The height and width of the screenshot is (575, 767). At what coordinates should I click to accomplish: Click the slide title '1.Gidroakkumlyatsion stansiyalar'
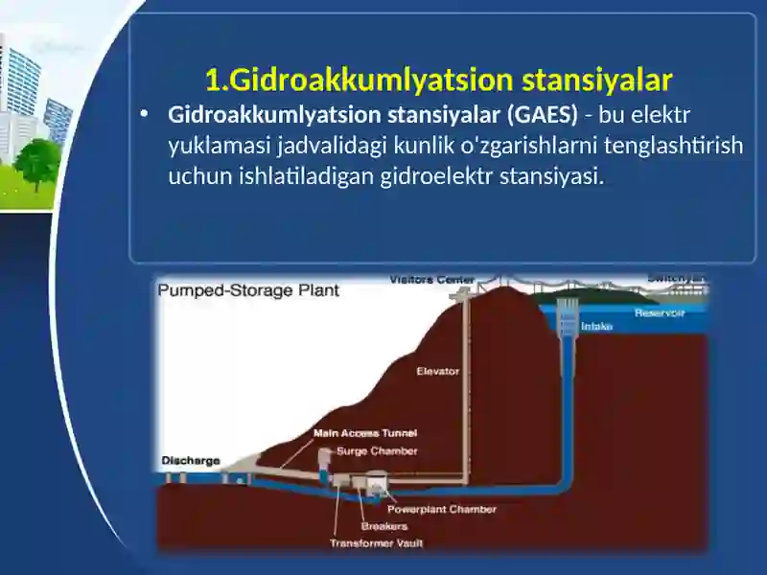pos(439,78)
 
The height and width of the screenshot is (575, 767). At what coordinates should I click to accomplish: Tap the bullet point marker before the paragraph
pos(144,114)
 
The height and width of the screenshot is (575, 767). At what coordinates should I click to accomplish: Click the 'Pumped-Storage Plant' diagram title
pos(248,289)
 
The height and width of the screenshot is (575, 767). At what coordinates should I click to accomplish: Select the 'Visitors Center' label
pos(431,280)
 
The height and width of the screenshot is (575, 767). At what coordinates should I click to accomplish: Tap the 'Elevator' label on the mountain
pos(437,371)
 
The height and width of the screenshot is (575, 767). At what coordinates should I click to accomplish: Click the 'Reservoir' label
pos(659,313)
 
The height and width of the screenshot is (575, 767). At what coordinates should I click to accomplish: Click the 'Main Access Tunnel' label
pos(365,433)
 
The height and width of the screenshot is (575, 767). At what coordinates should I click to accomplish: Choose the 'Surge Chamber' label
pos(377,450)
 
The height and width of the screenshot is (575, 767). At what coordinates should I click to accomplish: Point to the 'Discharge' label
pos(191,460)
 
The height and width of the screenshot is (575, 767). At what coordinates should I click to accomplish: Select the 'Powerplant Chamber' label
pos(441,510)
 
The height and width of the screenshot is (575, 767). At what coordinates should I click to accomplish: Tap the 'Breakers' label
pos(383,526)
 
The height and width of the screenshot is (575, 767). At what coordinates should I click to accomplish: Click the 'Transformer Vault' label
pos(376,542)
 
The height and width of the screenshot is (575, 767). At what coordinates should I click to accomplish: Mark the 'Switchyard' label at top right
pos(677,278)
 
